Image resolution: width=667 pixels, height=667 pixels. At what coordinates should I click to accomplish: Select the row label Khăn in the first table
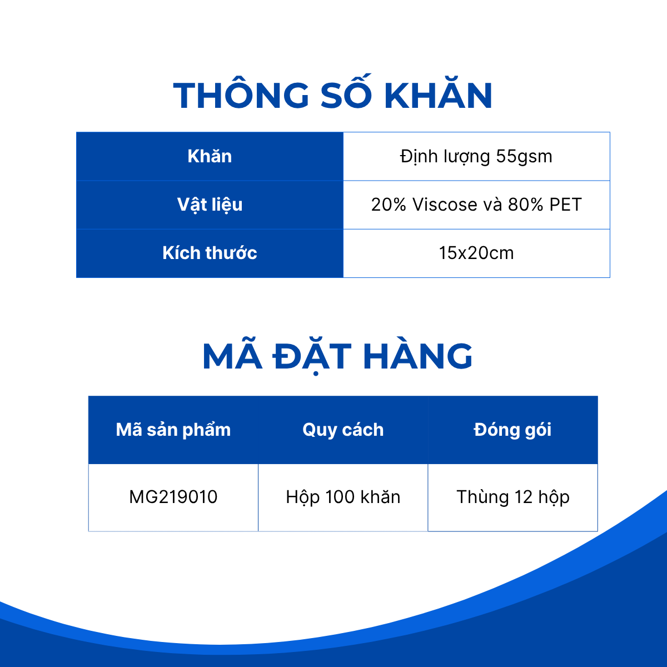pos(210,156)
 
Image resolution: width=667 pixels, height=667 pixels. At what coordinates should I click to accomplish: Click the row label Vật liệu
pos(210,205)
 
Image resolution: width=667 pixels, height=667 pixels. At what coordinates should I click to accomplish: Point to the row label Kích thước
pos(210,253)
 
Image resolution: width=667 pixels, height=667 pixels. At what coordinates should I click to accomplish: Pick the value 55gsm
pos(524,156)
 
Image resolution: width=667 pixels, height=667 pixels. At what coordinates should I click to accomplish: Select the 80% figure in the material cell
pos(525,205)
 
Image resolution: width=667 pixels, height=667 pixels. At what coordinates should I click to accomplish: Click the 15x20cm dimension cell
pos(476,253)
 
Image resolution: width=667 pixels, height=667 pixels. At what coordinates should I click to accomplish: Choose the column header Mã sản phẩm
pos(173,430)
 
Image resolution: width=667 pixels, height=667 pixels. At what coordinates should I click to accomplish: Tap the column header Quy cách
pos(343,430)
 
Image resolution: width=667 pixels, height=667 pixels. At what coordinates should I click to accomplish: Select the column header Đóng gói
pos(512,430)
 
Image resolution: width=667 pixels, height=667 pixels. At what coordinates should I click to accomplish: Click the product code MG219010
pos(173,497)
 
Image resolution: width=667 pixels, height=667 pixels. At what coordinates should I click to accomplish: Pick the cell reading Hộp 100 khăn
pos(343,497)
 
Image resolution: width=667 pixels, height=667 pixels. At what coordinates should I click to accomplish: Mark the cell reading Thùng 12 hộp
pos(513,497)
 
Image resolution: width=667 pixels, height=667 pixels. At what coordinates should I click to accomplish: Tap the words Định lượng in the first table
pos(445,157)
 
